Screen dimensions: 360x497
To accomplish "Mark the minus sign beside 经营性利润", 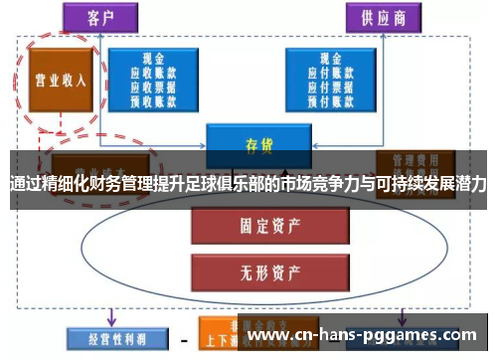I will coord(183,337).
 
